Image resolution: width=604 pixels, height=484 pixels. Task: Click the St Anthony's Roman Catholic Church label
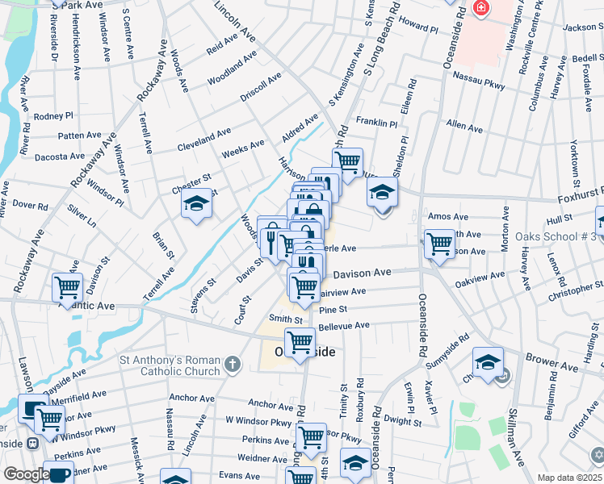[170, 365]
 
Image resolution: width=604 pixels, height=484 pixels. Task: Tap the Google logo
[27, 474]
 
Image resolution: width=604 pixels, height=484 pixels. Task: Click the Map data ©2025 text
[569, 478]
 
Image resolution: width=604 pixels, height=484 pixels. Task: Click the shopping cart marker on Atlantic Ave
[67, 287]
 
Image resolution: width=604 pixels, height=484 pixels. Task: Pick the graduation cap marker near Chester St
[195, 206]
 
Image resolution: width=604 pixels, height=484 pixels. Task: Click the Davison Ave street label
[362, 273]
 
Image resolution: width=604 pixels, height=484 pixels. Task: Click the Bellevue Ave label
[344, 326]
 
